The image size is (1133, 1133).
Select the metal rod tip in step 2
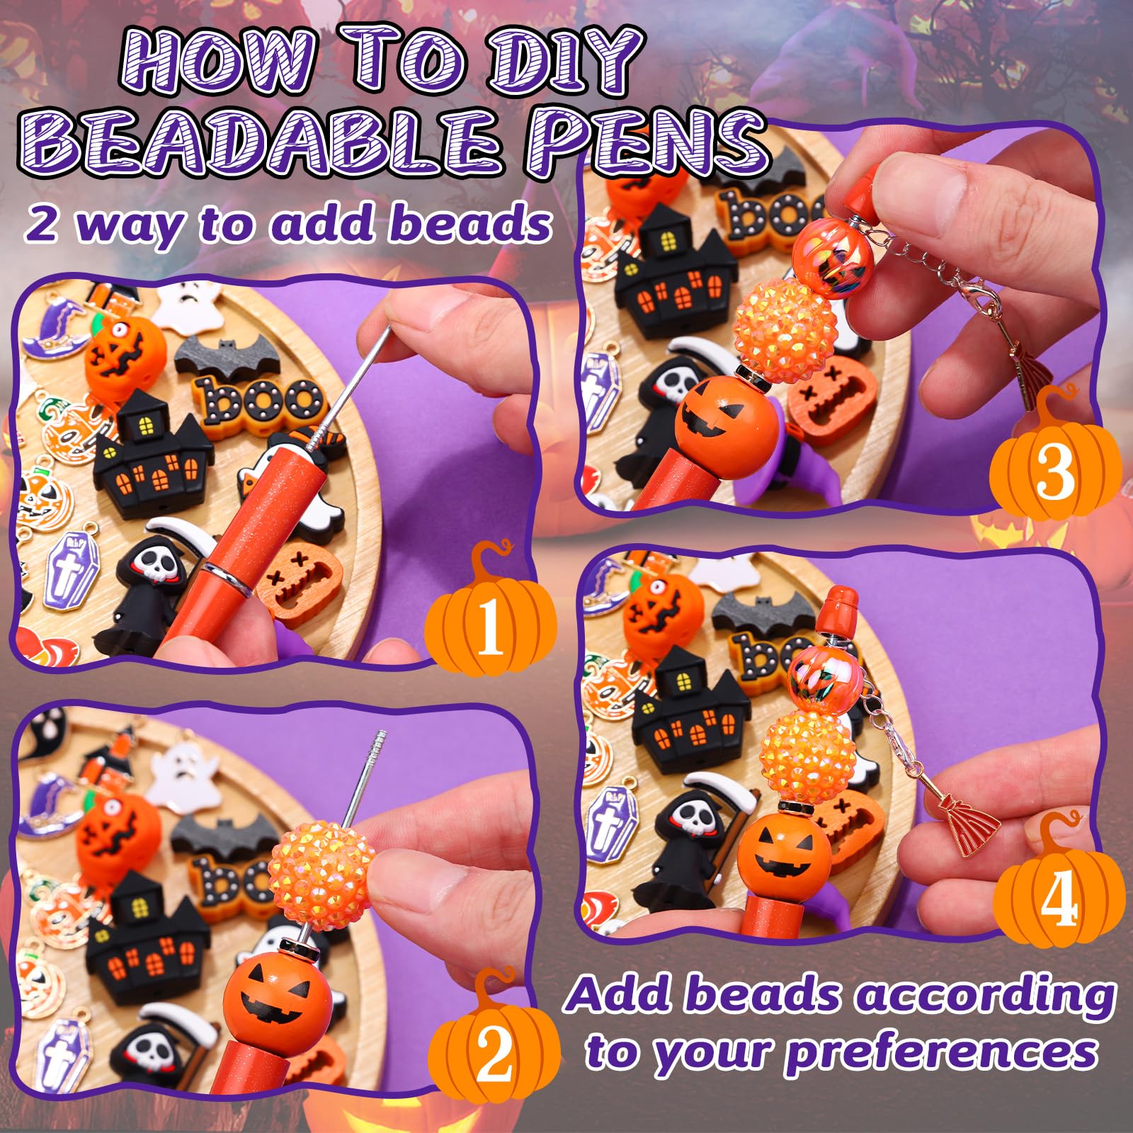(x=380, y=741)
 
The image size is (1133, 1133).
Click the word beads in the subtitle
(x=471, y=222)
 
